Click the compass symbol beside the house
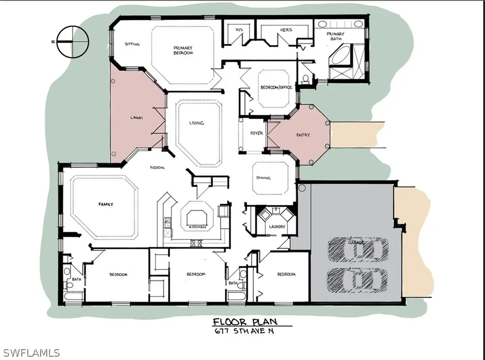73,42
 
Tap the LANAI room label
136,117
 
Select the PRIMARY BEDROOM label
183,50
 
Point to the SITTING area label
133,44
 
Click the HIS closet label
239,30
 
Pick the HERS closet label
286,30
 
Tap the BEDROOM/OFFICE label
276,87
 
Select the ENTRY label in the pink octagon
303,135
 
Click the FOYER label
256,133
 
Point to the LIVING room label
197,123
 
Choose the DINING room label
263,178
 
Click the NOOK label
157,167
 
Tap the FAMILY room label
106,204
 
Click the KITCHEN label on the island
198,227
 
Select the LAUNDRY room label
277,226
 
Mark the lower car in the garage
357,280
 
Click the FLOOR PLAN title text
245,322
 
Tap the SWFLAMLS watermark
31,352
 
